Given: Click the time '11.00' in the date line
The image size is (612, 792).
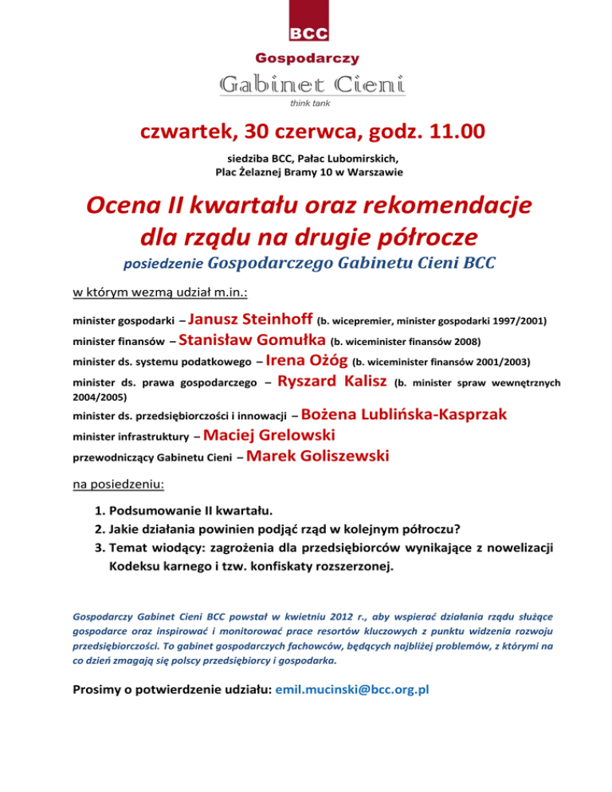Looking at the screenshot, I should [448, 130].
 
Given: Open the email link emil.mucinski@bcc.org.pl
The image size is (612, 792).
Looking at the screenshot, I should [351, 690].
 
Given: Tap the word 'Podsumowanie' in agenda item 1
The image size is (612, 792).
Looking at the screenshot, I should [152, 509].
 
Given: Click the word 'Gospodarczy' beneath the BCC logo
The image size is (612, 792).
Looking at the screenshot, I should [308, 57].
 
